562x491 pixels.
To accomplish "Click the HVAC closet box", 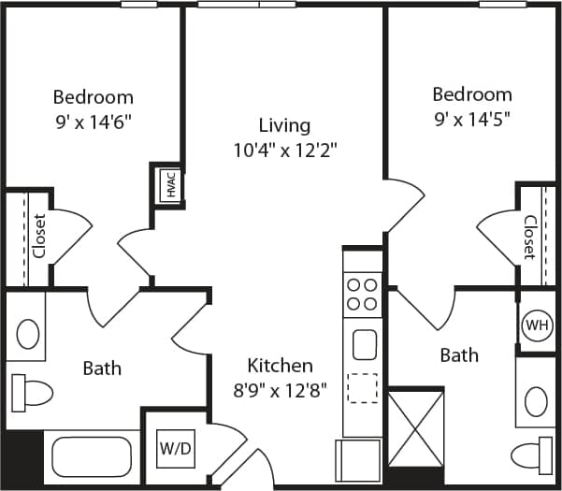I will coord(170,184).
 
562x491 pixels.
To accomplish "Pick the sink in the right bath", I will coord(536,400).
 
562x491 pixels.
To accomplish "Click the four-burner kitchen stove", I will coord(361,294).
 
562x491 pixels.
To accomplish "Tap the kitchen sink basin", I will coord(362,344).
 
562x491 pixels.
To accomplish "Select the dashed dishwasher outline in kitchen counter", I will coord(362,387).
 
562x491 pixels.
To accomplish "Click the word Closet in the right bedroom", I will coord(529,238).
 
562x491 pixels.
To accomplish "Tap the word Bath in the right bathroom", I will coord(458,354).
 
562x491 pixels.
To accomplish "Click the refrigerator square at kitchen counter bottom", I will coord(359,459).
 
